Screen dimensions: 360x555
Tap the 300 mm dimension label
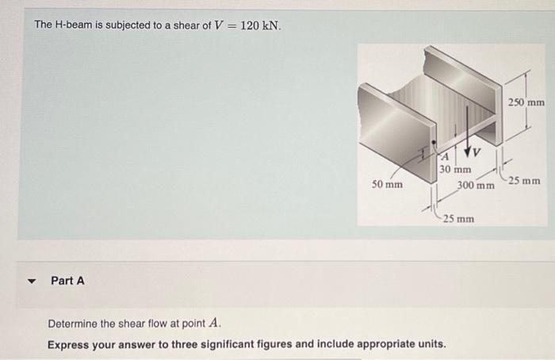pos(476,186)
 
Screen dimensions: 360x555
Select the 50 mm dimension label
pos(388,185)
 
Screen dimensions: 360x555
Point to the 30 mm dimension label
pos(455,169)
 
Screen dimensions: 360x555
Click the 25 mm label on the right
pos(525,182)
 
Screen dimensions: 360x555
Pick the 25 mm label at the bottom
pos(458,218)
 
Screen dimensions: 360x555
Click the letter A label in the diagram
pos(446,156)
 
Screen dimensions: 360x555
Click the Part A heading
pos(67,280)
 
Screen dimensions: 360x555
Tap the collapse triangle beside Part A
pos(32,281)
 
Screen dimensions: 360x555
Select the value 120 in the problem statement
pos(250,25)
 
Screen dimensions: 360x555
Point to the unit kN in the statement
pos(271,25)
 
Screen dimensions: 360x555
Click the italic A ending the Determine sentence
pos(214,324)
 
